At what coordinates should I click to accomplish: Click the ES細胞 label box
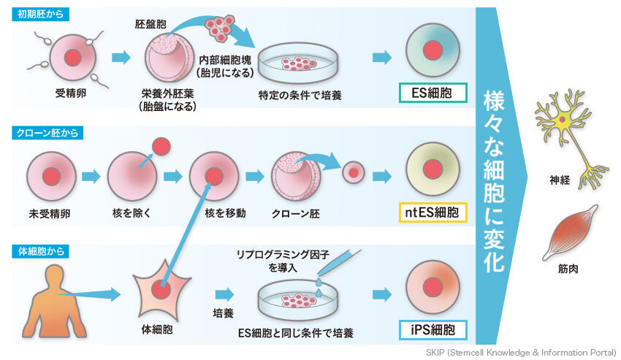tap(433, 93)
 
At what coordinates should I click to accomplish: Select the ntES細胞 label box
tap(433, 212)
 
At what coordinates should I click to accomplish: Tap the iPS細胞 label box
tap(433, 329)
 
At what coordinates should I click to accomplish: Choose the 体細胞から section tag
tap(43, 251)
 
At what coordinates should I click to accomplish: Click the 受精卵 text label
tap(71, 93)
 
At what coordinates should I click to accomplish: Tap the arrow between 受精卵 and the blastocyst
tap(121, 58)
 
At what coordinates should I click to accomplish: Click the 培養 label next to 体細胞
tap(224, 312)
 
